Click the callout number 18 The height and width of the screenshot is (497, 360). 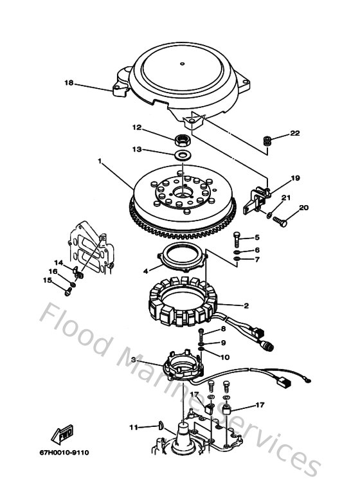pos(69,83)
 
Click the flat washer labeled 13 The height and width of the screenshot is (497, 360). pos(183,156)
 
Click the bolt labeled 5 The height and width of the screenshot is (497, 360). pos(237,240)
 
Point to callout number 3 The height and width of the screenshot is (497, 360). pos(133,359)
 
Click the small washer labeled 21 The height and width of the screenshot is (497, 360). pos(269,214)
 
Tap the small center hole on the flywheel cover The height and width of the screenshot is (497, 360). pos(183,63)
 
